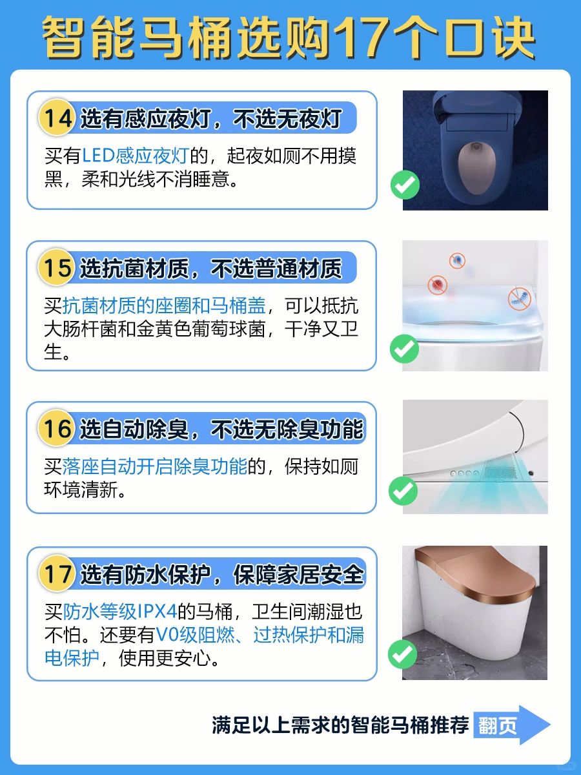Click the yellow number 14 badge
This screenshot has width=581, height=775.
pos(57,118)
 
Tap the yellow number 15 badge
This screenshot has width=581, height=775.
pos(56,267)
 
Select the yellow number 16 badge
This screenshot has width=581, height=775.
pos(56,428)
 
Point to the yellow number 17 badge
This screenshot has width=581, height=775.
pos(57,573)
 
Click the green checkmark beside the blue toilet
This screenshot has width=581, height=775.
pos(405,185)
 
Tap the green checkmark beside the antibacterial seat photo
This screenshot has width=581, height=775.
pos(404,349)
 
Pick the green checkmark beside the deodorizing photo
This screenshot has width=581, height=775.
pos(403,491)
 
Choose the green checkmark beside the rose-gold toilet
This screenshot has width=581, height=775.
pos(402,654)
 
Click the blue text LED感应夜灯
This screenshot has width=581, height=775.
pos(136,156)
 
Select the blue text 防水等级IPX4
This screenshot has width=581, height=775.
pos(119,612)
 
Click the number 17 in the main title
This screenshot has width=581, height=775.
pos(362,37)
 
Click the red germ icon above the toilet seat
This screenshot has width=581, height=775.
pos(438,284)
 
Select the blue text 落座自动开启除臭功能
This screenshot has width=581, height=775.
pos(155,466)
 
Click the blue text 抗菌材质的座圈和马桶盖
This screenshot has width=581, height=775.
pos(164,305)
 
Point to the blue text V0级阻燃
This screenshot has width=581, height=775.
pos(195,635)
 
